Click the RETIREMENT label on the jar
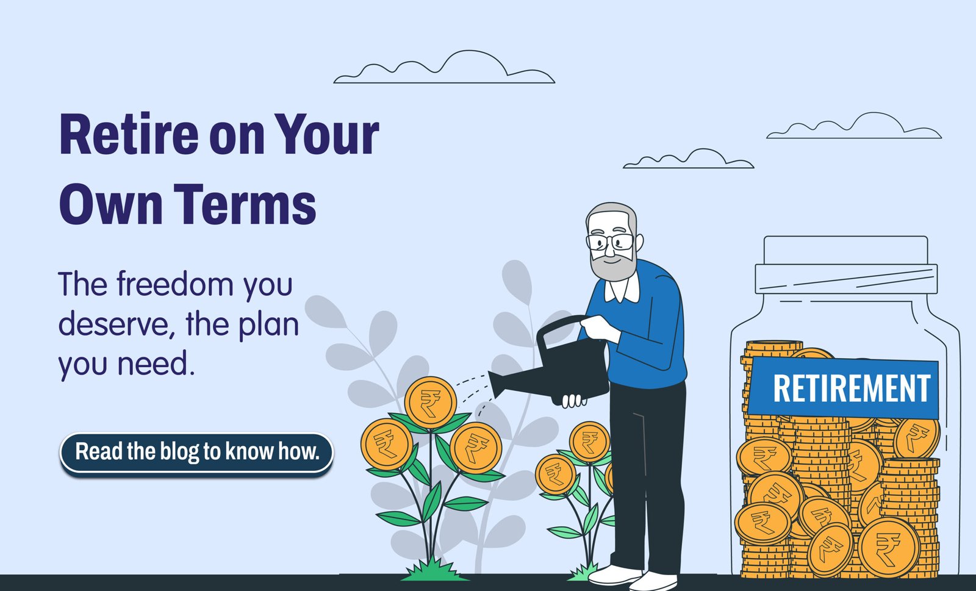coord(842,388)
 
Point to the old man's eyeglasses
coord(610,242)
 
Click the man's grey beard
coord(613,266)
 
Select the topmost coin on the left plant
coord(431,402)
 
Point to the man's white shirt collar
coord(622,288)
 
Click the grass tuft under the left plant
coord(434,570)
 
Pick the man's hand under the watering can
coord(573,401)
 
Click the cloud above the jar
coord(854,126)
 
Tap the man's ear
coord(639,242)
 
